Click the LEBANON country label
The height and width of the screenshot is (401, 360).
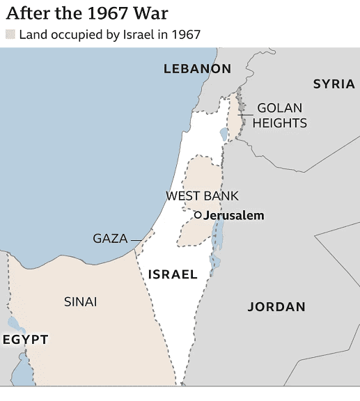[x=197, y=68]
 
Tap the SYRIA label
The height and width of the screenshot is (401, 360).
[x=334, y=84]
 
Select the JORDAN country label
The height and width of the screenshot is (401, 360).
[x=276, y=306]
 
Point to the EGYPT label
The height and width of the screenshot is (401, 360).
[x=25, y=339]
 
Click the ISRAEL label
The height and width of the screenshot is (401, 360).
[x=173, y=274]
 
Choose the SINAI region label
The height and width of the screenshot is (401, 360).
[x=80, y=301]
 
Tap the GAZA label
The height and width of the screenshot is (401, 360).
[x=110, y=239]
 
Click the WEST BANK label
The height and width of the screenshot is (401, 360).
[x=202, y=196]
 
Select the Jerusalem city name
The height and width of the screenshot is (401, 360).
[x=234, y=215]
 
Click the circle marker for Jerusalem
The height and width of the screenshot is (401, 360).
[x=198, y=215]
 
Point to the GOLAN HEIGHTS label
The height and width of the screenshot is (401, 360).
[x=279, y=116]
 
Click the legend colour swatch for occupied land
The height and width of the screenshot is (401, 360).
[x=10, y=34]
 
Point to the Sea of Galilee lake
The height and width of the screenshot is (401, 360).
[x=224, y=134]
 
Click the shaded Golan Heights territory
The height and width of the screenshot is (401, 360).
[x=235, y=122]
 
